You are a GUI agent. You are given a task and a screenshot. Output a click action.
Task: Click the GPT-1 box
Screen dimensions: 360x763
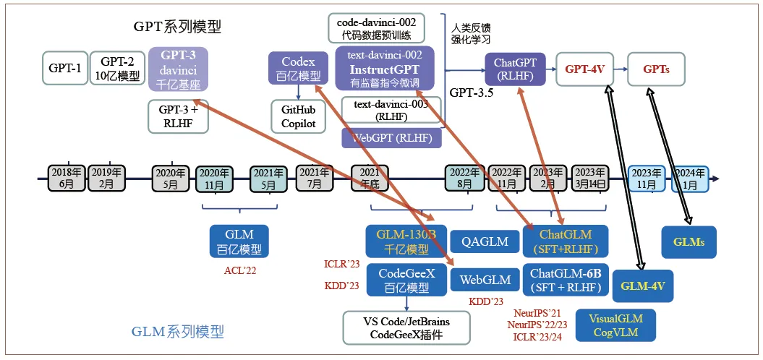coord(64,69)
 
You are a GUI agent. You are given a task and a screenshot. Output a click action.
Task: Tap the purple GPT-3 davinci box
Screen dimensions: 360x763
coord(179,69)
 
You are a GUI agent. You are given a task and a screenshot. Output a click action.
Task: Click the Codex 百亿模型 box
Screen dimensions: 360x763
coord(299,69)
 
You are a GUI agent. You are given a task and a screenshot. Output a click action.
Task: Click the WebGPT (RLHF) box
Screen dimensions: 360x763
coord(391,137)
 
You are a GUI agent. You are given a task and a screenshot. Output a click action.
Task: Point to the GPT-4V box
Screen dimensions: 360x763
coord(584,70)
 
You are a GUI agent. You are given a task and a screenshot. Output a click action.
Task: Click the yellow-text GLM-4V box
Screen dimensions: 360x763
coord(643,286)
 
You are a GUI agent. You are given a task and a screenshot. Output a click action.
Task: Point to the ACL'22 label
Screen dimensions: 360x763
coord(240,270)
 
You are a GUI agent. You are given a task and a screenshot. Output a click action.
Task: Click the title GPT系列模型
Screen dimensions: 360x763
coord(177,27)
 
